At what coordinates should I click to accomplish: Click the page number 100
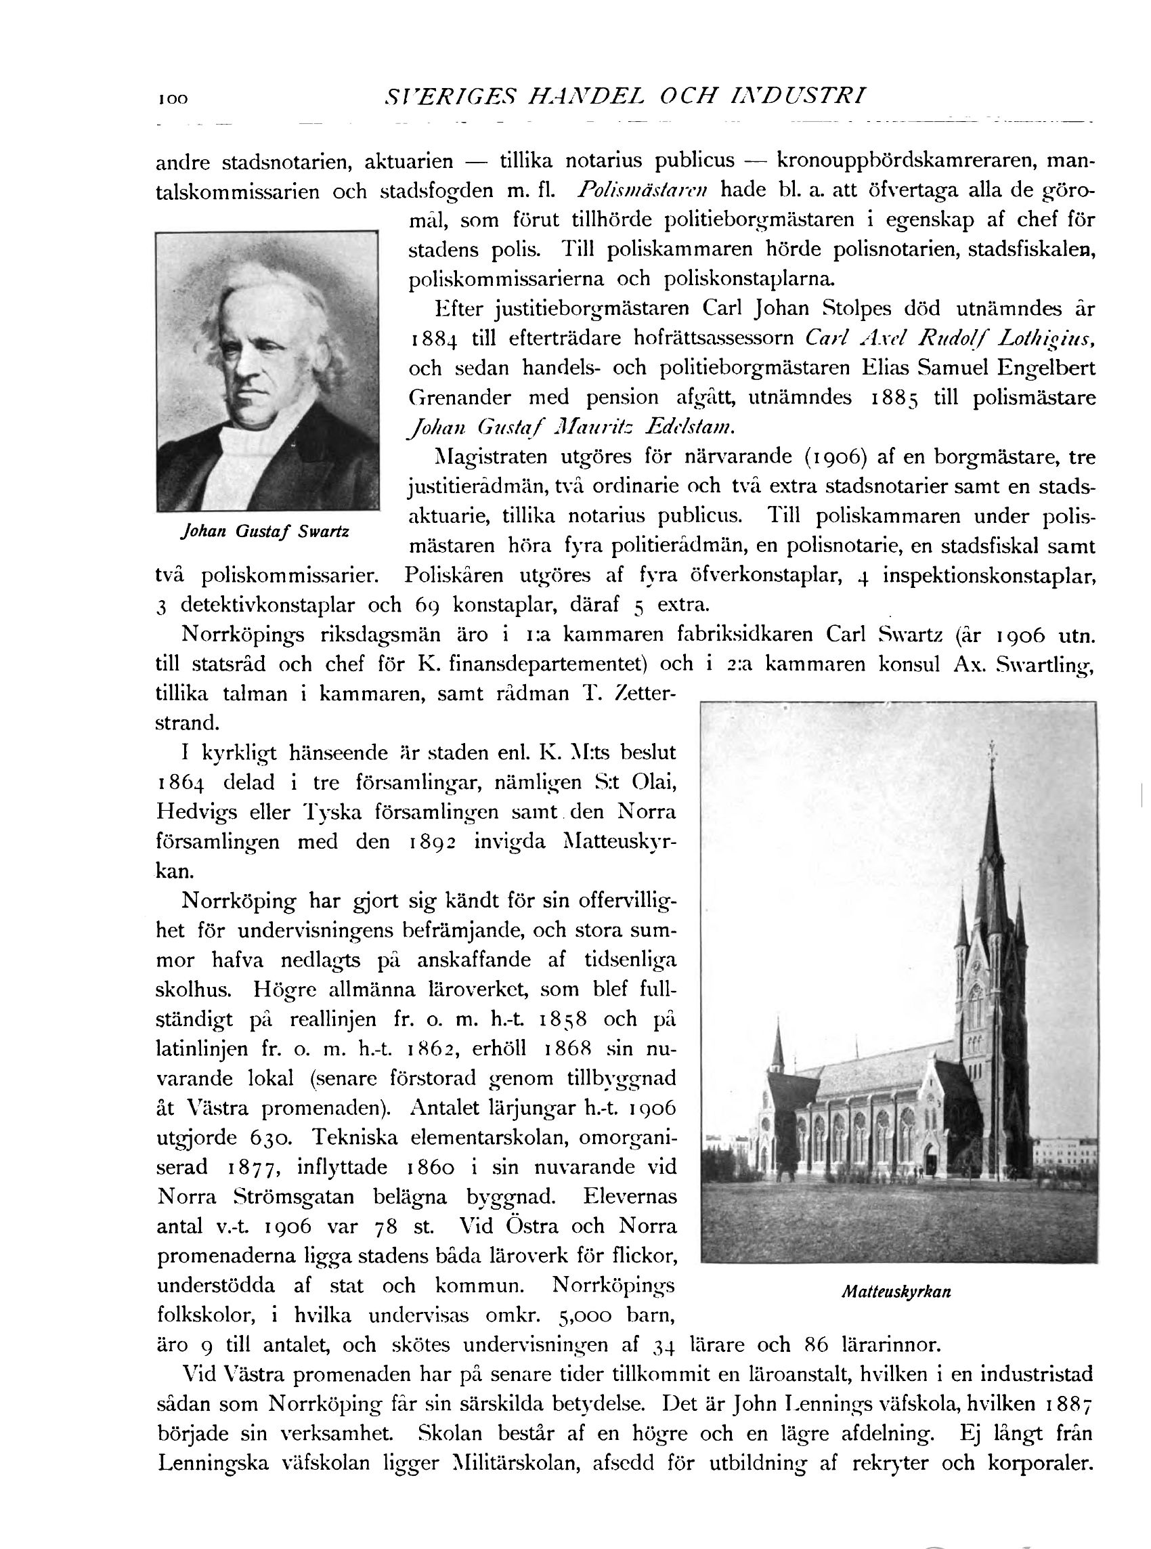[173, 99]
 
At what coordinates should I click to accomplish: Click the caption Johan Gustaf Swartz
[265, 532]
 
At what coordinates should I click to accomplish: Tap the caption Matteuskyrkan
[896, 1291]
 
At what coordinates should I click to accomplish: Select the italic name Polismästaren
[644, 190]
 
